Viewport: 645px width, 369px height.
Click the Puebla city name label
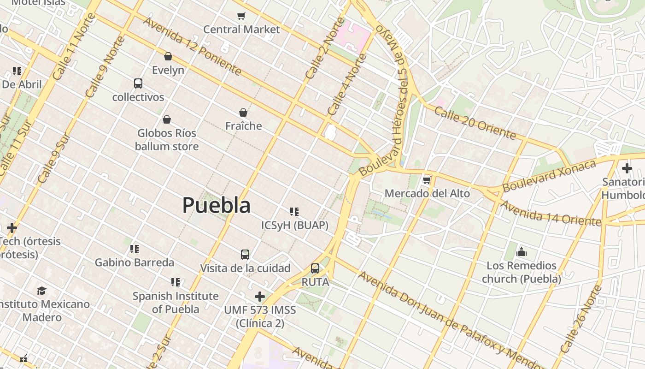[x=217, y=205]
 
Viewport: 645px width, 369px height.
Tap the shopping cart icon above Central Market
[x=241, y=16]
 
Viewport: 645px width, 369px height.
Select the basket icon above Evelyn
[x=168, y=56]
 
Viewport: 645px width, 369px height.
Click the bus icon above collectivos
[x=138, y=83]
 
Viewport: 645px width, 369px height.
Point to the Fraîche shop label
[x=243, y=126]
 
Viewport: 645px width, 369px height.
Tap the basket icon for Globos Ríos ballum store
[x=167, y=119]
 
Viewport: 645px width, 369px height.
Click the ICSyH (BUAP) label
[x=295, y=225]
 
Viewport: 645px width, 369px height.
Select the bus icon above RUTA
[x=315, y=268]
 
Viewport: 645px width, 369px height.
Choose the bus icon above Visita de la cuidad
[x=245, y=254]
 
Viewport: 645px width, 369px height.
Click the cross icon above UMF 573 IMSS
[x=260, y=296]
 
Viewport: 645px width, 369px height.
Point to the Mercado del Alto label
[x=427, y=193]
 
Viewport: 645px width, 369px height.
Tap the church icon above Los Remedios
[x=522, y=252]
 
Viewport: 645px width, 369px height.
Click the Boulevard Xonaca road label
[x=549, y=176]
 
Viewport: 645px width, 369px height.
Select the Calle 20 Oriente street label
[x=475, y=123]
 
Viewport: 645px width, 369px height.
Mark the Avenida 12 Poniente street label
[x=192, y=46]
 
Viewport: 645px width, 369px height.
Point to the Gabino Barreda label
[x=135, y=262]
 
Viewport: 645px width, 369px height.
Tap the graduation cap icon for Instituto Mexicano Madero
[x=42, y=291]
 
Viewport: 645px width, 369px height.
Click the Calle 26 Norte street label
[x=581, y=319]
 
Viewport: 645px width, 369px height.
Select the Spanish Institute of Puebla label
[x=176, y=303]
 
